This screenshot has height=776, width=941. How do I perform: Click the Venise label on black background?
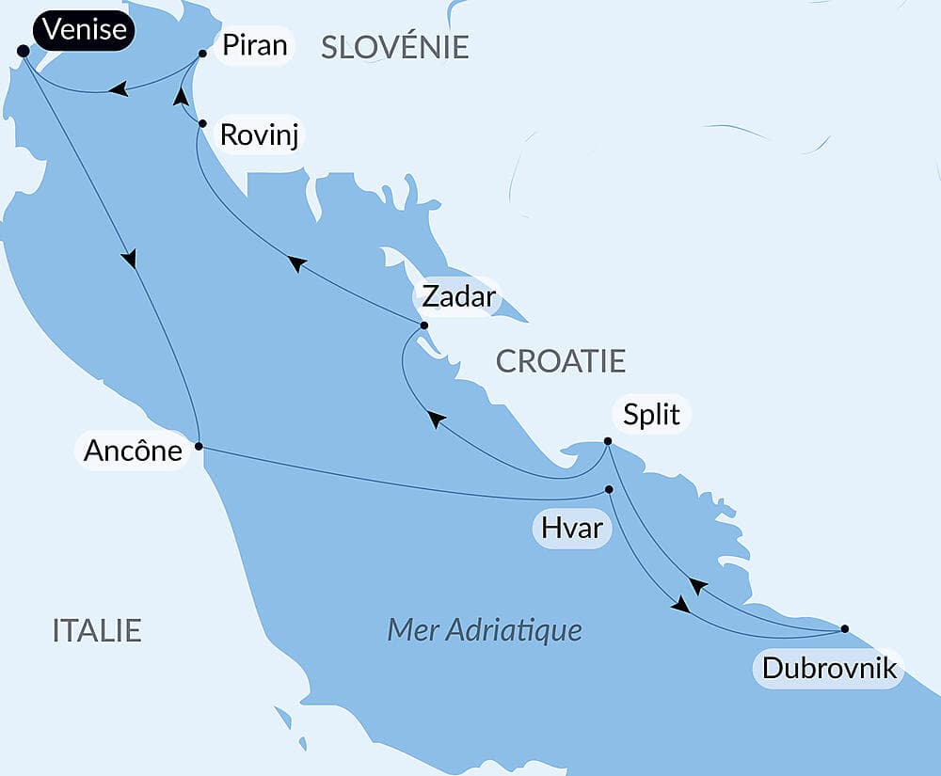[x=86, y=31]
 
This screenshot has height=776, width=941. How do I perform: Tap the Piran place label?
[x=253, y=45]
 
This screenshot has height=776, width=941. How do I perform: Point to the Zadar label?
[x=457, y=296]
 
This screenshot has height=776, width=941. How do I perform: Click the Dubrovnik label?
[x=828, y=670]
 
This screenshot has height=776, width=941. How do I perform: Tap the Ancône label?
[x=133, y=451]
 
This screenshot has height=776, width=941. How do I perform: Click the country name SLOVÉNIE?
[x=394, y=47]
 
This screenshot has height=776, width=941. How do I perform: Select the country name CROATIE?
[x=560, y=361]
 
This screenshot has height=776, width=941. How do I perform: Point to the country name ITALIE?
[x=97, y=630]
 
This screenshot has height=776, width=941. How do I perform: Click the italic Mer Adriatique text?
[x=485, y=629]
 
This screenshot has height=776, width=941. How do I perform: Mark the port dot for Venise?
[x=23, y=52]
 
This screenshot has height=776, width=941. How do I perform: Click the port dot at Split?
[x=608, y=441]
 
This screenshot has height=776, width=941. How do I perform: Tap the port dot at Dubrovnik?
[x=844, y=628]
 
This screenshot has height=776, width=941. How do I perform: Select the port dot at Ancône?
[x=199, y=447]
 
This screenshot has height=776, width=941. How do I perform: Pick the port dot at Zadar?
[x=423, y=325]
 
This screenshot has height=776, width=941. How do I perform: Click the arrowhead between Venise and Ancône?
[x=130, y=258]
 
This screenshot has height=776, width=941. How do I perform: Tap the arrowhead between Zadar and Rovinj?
[x=297, y=264]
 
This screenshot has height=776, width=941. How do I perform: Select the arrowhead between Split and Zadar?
[x=436, y=419]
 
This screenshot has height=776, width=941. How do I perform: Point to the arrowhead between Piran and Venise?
[x=118, y=89]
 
